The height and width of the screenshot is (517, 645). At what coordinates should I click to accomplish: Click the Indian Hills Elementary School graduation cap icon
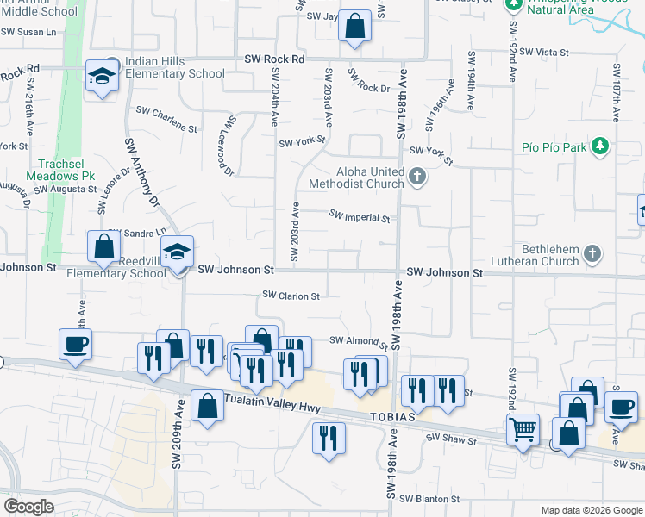(x=102, y=77)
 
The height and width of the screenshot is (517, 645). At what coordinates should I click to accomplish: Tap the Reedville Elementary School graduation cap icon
(x=178, y=252)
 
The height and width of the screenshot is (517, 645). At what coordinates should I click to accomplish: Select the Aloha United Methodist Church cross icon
(x=418, y=177)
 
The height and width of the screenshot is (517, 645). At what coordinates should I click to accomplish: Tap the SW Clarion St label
(x=291, y=296)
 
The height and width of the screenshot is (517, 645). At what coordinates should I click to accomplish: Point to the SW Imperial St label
(x=360, y=217)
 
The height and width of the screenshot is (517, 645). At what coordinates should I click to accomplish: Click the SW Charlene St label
(x=166, y=119)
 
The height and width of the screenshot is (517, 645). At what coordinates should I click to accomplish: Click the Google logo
(x=28, y=507)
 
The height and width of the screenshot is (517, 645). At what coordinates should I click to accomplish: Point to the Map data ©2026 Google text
(x=591, y=510)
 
